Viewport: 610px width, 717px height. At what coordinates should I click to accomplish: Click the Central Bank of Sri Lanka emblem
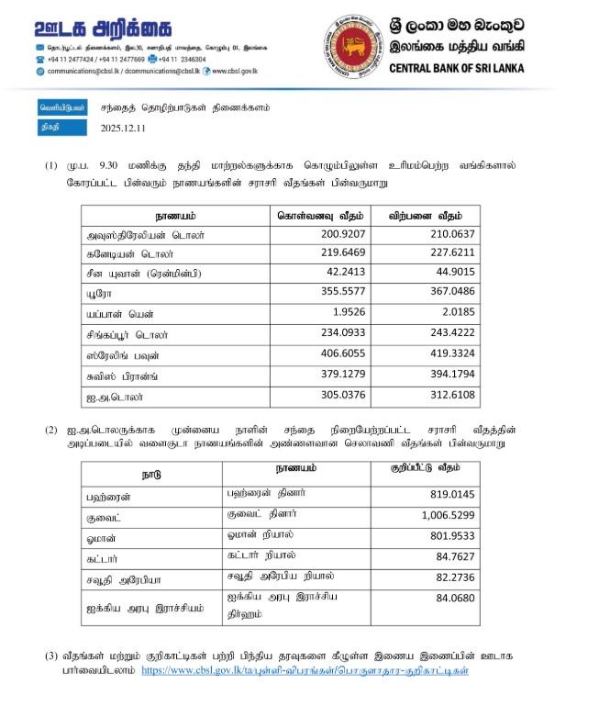click(x=351, y=45)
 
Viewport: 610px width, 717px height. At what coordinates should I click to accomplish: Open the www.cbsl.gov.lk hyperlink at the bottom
click(x=306, y=671)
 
